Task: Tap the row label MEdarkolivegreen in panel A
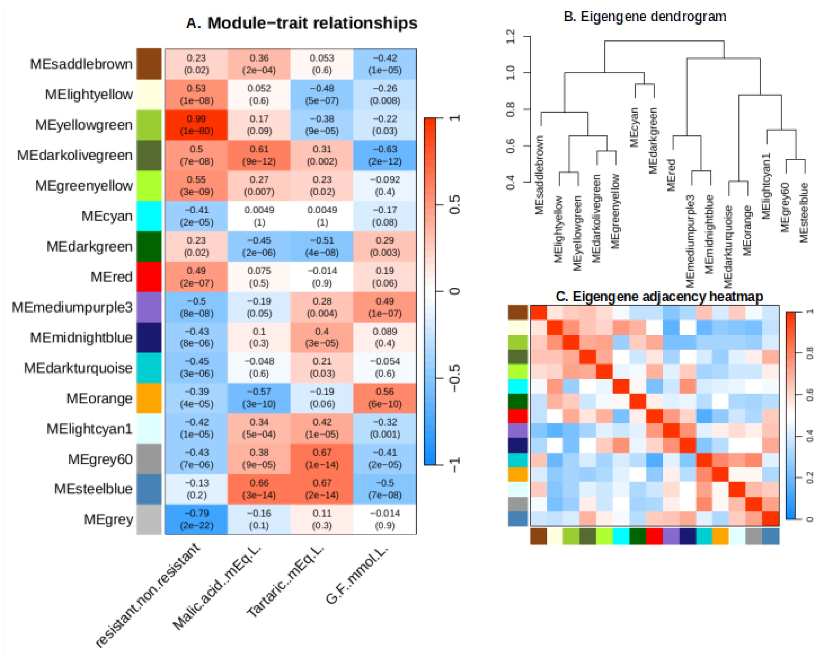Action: coord(75,155)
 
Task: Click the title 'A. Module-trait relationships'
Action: coord(302,23)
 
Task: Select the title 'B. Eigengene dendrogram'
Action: coord(645,16)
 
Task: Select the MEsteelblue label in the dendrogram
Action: coord(804,213)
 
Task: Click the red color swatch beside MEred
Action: coord(149,276)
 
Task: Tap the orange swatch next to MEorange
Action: coord(149,398)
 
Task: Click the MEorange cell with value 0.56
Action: coord(385,398)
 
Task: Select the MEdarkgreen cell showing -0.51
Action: coord(322,246)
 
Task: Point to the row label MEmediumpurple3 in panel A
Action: coord(72,307)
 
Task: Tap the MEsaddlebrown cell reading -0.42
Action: coord(385,64)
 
